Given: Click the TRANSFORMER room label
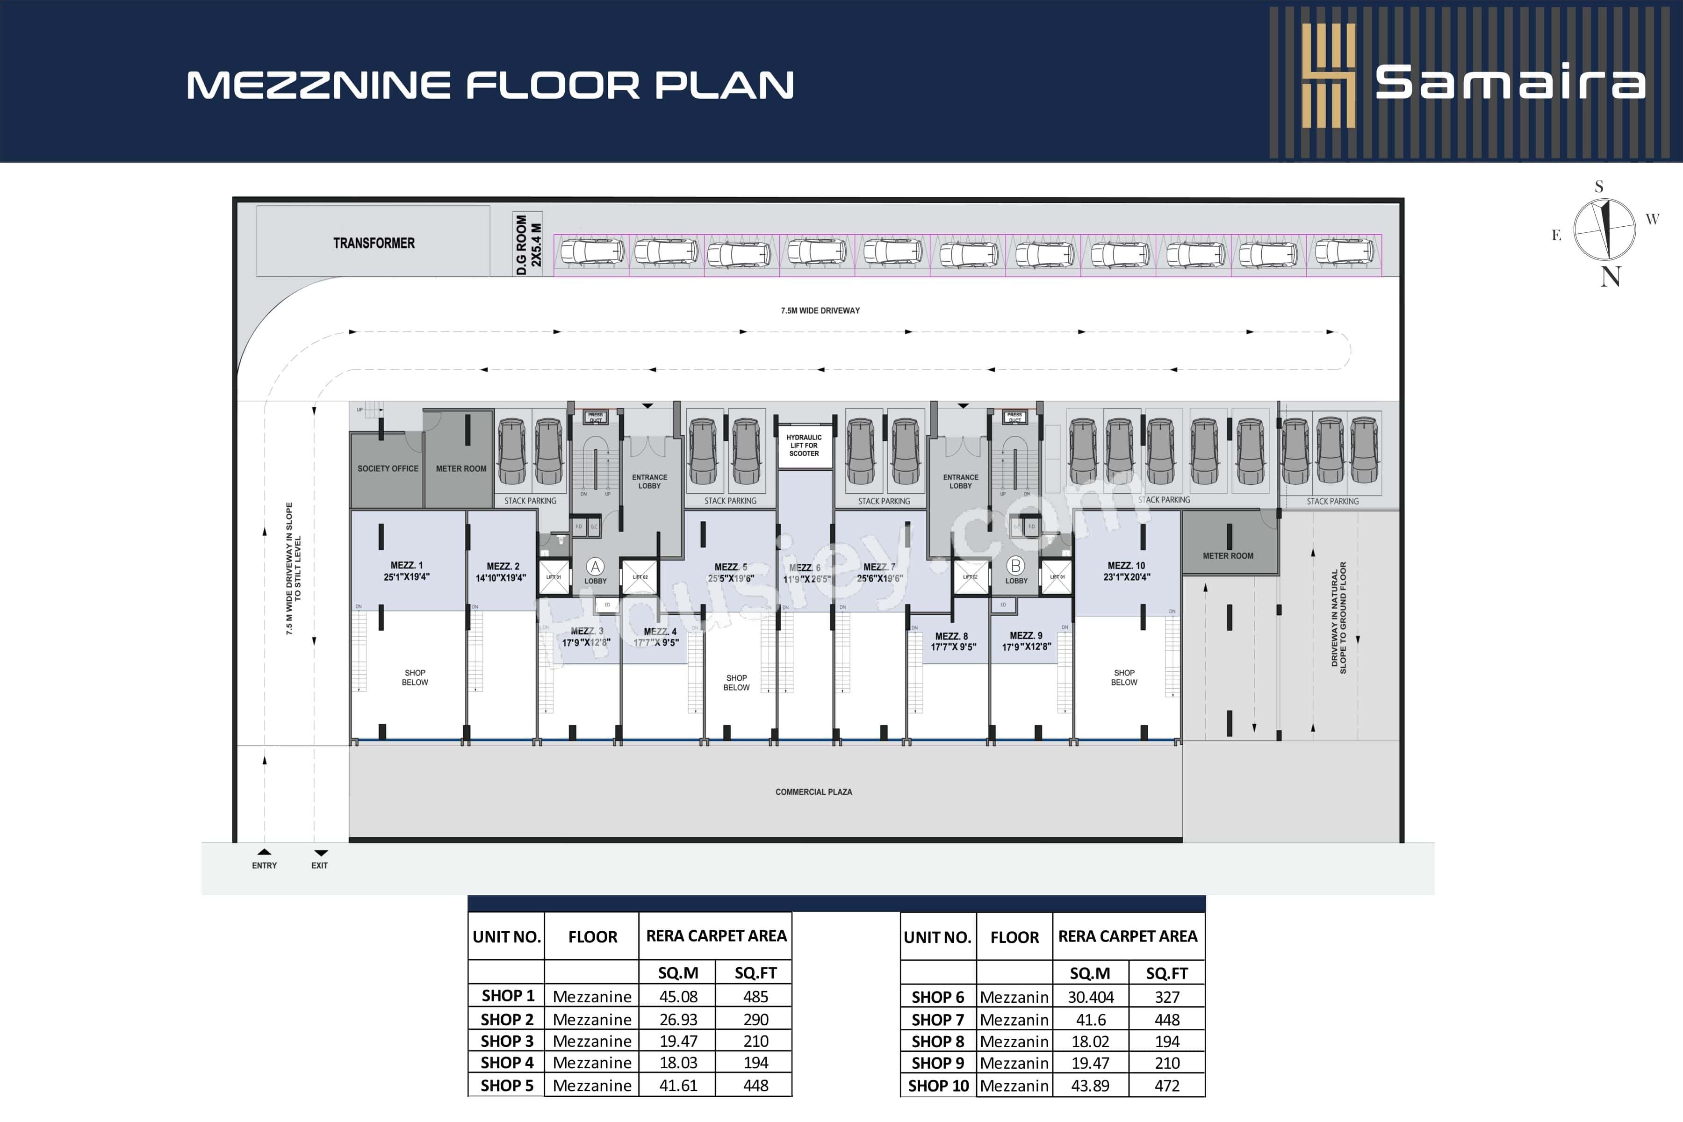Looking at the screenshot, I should (x=374, y=243).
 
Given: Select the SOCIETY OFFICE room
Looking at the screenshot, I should (x=388, y=469).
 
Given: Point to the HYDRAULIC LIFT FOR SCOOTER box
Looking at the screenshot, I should (x=804, y=445).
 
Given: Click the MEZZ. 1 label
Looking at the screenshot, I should (x=406, y=565).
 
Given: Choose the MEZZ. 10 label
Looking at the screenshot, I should (x=1126, y=565).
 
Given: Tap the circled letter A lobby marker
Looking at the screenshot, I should (x=595, y=567).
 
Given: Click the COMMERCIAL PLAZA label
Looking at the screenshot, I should (x=813, y=792).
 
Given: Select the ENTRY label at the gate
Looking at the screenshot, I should (x=264, y=865).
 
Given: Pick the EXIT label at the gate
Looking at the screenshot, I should (x=319, y=865).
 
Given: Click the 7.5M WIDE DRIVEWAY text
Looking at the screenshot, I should (x=820, y=310).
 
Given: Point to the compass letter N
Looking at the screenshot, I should (x=1610, y=276).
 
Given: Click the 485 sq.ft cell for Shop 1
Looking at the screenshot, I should (x=755, y=996).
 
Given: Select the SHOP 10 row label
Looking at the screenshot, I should (x=938, y=1086).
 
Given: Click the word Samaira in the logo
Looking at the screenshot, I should (x=1510, y=83).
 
